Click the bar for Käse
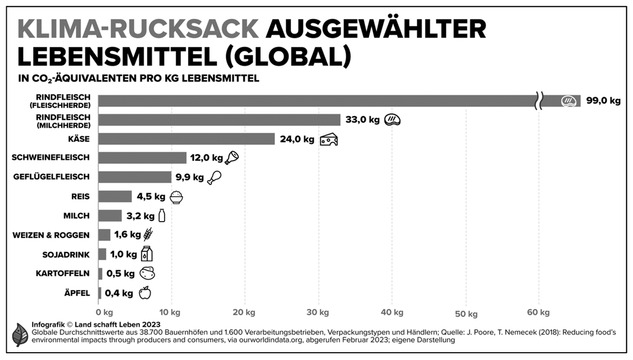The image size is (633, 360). [186, 139]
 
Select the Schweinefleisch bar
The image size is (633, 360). [142, 158]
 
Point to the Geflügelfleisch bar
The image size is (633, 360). [134, 177]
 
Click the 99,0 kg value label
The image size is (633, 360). [603, 101]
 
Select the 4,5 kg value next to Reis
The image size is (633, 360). [151, 197]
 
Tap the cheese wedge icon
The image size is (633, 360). [328, 139]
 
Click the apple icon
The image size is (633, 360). [145, 293]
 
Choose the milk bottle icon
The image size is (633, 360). [162, 216]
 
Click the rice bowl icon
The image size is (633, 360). [176, 197]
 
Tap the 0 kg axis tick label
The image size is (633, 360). [104, 312]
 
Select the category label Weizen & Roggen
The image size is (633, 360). [51, 235]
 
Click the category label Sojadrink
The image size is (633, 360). [66, 254]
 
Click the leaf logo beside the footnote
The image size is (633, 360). [20, 334]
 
